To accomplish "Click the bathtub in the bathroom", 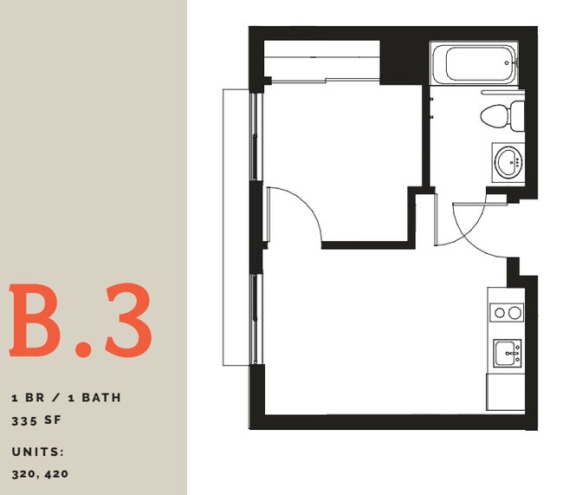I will [474, 62].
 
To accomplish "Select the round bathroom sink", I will [508, 161].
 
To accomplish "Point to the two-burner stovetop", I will [507, 312].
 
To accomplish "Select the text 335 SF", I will [40, 421].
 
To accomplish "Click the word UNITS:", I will [39, 452].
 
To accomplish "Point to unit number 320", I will [27, 473].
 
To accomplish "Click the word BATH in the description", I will [101, 398].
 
